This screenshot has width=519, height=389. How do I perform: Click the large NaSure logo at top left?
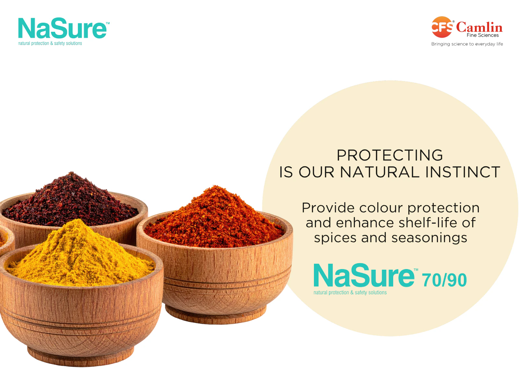click(62, 28)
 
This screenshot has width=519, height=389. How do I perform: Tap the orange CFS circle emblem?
click(442, 27)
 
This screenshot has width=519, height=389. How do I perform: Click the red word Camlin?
click(479, 27)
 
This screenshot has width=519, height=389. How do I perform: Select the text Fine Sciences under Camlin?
click(482, 35)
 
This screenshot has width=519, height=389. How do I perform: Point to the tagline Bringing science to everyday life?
click(467, 44)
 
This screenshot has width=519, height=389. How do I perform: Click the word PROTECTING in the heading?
click(390, 155)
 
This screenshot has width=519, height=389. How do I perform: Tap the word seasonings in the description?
click(429, 238)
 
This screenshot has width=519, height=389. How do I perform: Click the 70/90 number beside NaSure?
click(444, 280)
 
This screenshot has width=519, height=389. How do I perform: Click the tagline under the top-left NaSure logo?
click(50, 43)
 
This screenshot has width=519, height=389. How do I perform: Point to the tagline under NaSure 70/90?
click(350, 292)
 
